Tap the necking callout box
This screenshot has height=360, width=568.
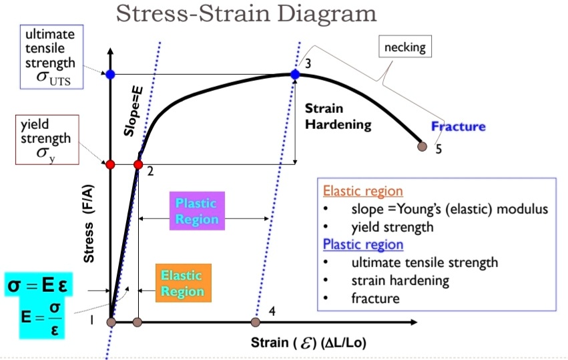(405, 47)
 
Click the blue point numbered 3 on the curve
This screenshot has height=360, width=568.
(295, 73)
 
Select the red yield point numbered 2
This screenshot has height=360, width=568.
(138, 164)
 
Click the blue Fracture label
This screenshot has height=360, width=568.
(458, 126)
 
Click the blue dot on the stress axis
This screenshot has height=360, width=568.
(111, 73)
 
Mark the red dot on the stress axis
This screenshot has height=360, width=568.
(111, 164)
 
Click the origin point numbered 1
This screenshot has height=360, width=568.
(111, 323)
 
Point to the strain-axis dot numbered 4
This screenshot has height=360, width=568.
(255, 323)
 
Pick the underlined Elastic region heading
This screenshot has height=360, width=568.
(362, 190)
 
